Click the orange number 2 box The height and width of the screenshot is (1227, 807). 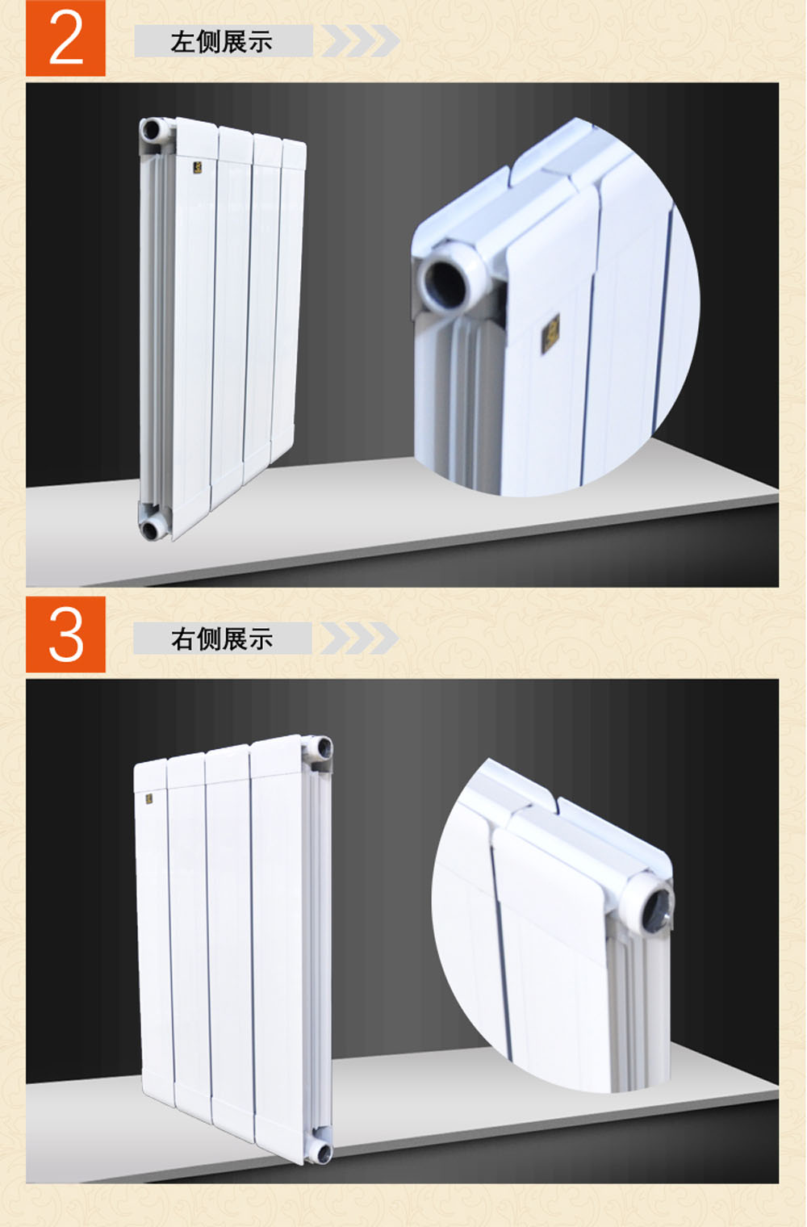click(65, 38)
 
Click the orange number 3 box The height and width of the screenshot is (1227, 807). click(65, 634)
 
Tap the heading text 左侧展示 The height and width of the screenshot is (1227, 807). click(221, 42)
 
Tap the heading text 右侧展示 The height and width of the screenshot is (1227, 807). click(222, 639)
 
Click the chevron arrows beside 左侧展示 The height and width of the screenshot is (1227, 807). click(360, 40)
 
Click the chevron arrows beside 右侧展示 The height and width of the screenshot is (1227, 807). click(359, 639)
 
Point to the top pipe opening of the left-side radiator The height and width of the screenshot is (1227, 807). click(151, 131)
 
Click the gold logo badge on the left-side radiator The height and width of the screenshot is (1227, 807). click(197, 168)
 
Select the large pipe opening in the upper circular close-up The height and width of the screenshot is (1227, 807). click(449, 285)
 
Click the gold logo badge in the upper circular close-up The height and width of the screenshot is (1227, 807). click(550, 333)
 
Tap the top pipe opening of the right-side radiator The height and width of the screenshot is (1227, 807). click(323, 748)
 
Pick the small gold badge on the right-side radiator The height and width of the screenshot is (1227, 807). click(149, 798)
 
